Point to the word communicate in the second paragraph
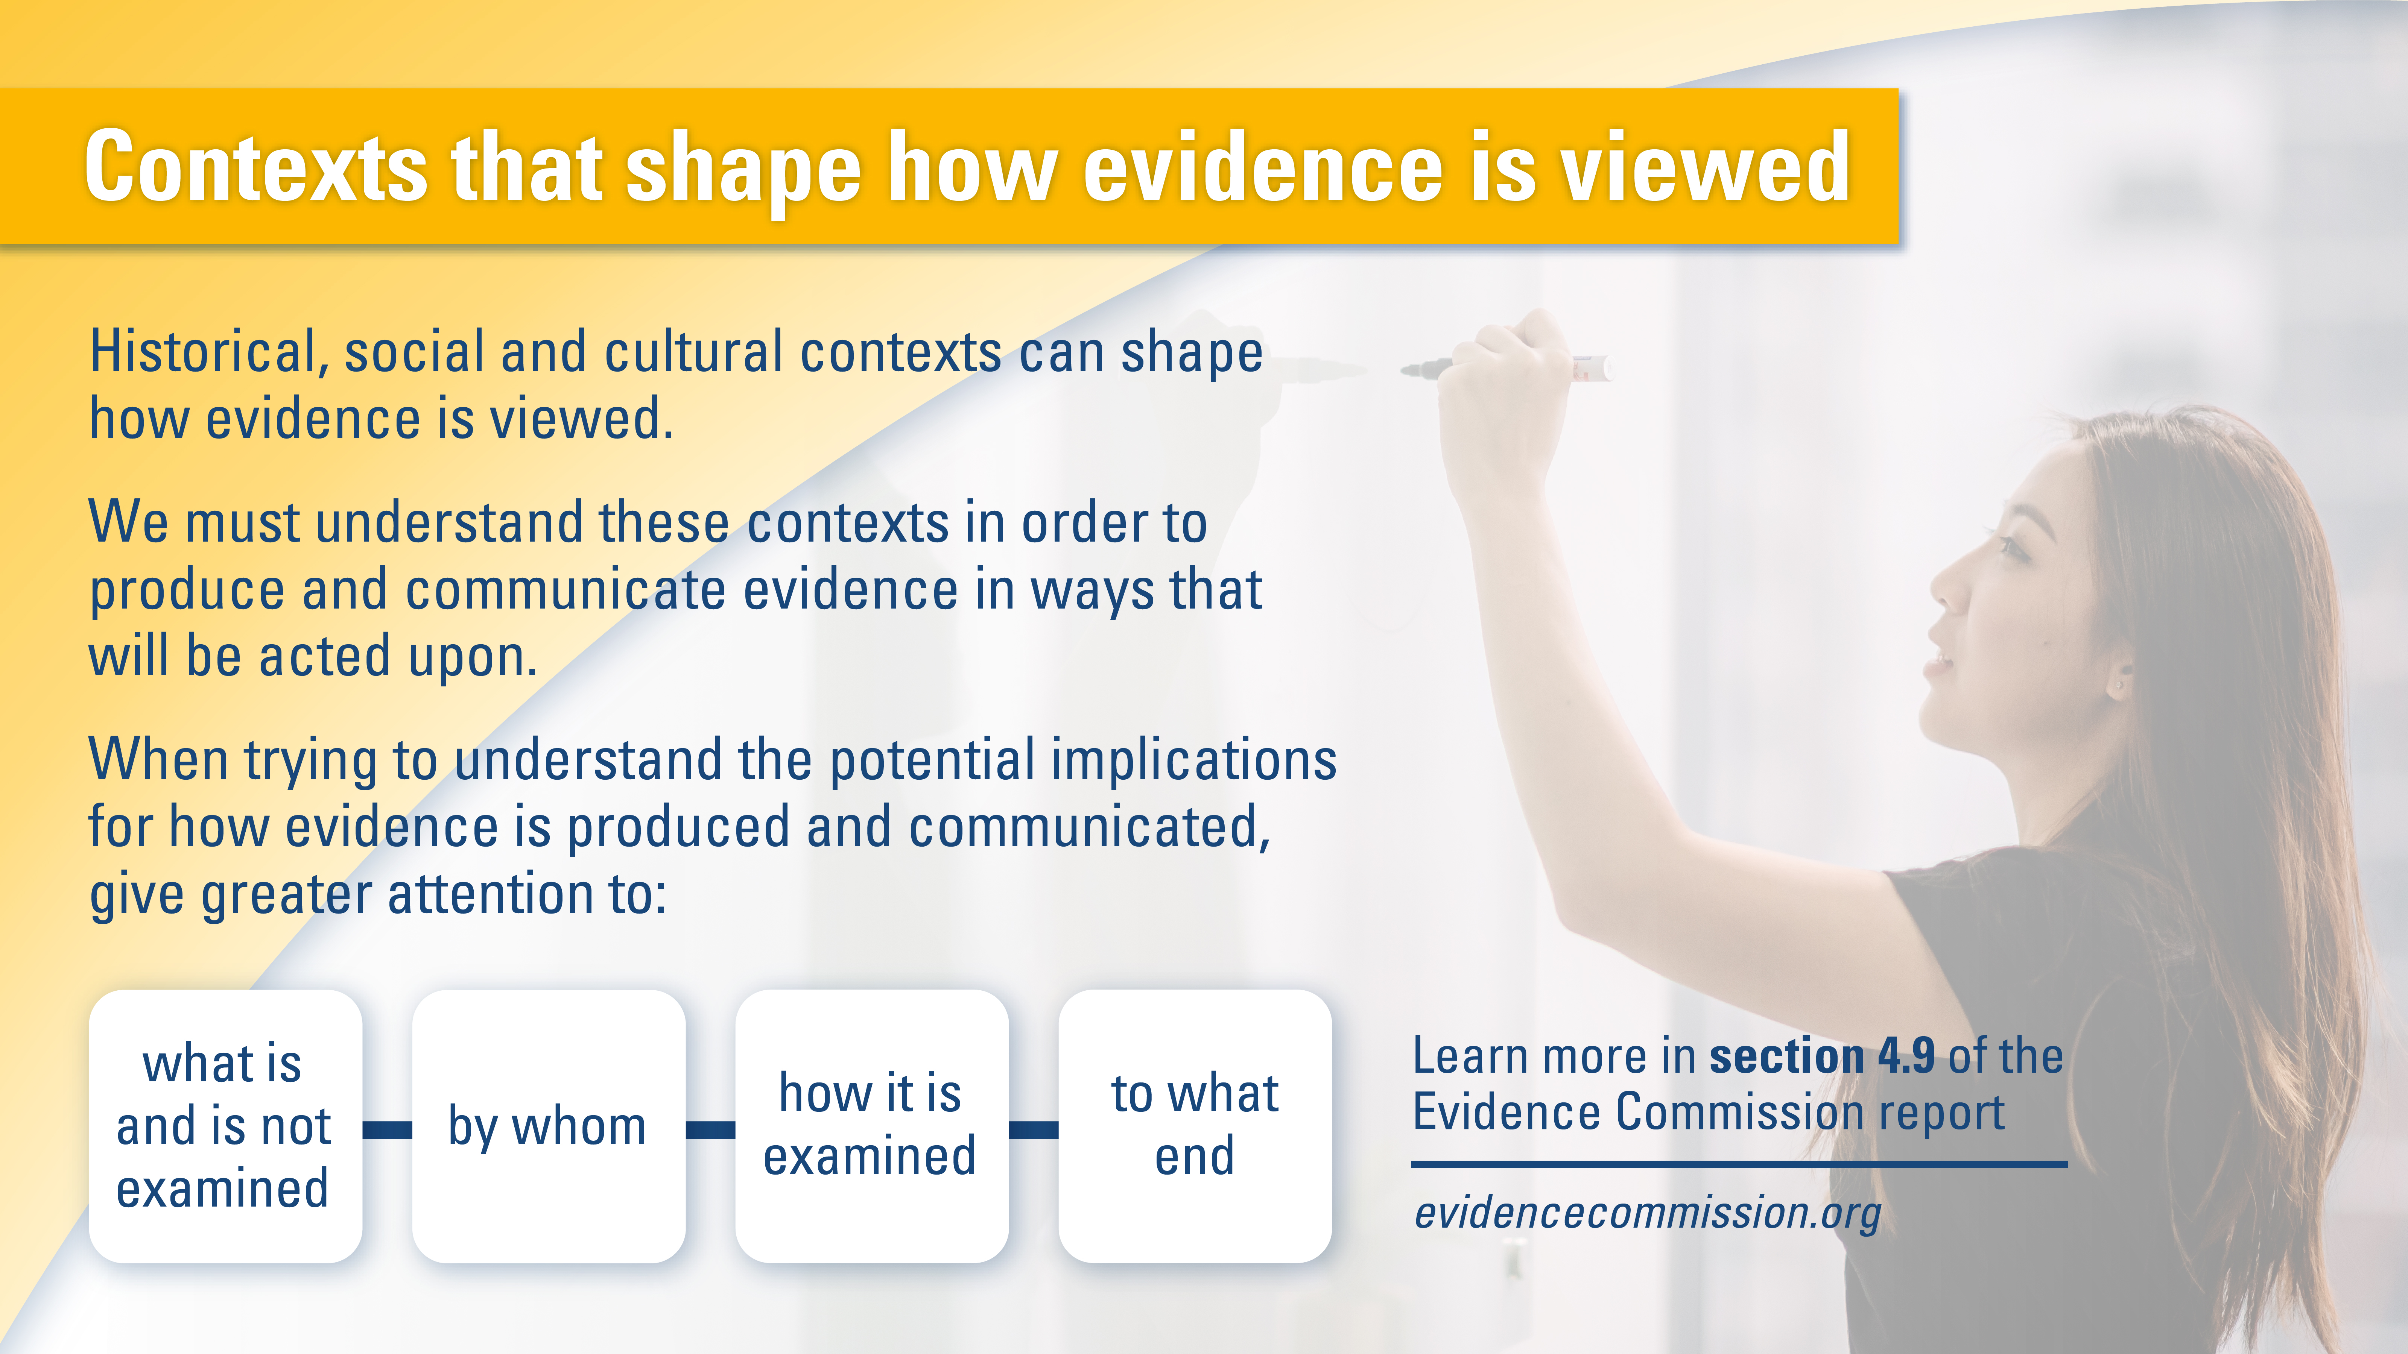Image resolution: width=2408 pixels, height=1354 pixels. pos(566,590)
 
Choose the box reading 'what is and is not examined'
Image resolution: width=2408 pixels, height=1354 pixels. pos(224,1126)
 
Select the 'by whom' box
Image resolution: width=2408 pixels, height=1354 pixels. pos(548,1126)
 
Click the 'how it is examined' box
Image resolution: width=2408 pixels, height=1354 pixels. pos(871,1126)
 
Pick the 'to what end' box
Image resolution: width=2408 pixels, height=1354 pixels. pos(1195,1126)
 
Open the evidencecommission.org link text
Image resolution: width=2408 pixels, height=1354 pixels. pos(1647,1213)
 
